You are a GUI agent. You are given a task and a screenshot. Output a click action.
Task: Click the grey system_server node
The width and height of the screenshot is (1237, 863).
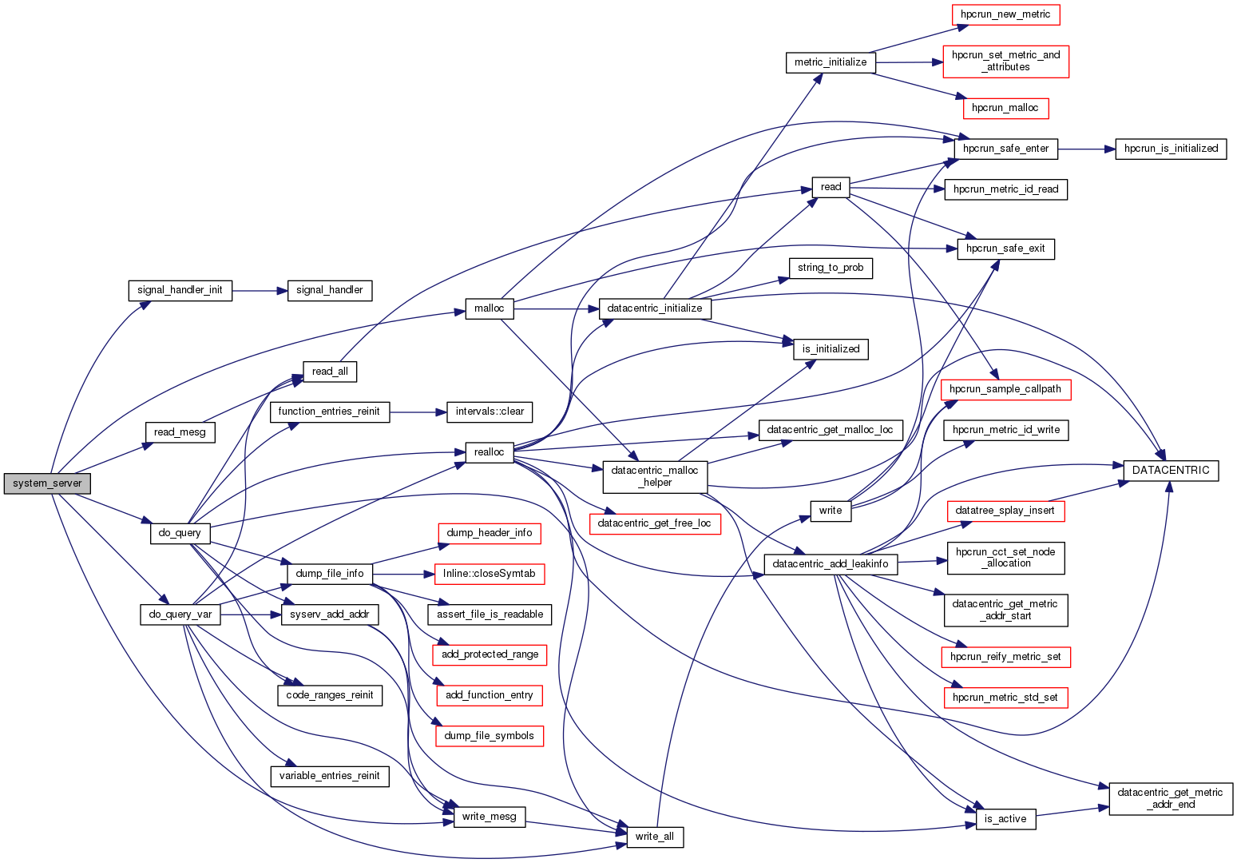[x=47, y=483]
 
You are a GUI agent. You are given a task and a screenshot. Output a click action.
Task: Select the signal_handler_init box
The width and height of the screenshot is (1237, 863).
[x=180, y=290]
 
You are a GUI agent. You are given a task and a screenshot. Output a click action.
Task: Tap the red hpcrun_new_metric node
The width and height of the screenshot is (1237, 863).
[x=1005, y=14]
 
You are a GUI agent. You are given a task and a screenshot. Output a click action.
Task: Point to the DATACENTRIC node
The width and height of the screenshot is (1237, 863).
[x=1171, y=471]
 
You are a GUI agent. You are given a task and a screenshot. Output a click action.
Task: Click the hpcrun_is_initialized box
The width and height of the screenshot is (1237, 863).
[x=1171, y=149]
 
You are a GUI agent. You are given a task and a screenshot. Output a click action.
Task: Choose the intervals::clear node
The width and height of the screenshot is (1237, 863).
[x=490, y=412]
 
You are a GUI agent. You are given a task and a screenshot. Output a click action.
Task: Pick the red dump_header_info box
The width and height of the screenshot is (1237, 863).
[x=489, y=533]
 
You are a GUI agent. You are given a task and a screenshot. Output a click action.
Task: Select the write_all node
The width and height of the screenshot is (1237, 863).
[x=654, y=837]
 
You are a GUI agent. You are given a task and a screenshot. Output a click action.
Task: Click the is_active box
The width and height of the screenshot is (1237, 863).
[x=1005, y=818]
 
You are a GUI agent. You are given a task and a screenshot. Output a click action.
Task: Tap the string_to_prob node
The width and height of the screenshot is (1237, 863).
[x=831, y=268]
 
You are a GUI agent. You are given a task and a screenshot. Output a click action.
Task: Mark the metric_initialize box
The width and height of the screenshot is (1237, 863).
[x=831, y=62]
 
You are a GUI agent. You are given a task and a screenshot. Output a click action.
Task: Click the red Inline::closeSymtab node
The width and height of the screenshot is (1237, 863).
[x=489, y=574]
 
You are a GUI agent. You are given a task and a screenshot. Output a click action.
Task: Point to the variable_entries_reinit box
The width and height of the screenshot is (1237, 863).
[x=329, y=776]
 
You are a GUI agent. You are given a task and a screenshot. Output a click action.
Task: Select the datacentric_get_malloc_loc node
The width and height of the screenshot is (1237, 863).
[x=830, y=430]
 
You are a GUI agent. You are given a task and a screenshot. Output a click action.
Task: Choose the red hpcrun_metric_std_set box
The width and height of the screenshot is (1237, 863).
[x=1005, y=698]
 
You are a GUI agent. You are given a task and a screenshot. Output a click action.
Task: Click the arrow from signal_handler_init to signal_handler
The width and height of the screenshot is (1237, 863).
[x=260, y=291]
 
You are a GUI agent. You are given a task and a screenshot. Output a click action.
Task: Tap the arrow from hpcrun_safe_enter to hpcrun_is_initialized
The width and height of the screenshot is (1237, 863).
[x=1086, y=149]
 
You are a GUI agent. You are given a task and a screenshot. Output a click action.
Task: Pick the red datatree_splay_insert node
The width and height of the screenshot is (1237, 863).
[x=1005, y=511]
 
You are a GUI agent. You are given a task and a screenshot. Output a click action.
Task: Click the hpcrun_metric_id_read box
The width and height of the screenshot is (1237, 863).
[x=1005, y=189]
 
